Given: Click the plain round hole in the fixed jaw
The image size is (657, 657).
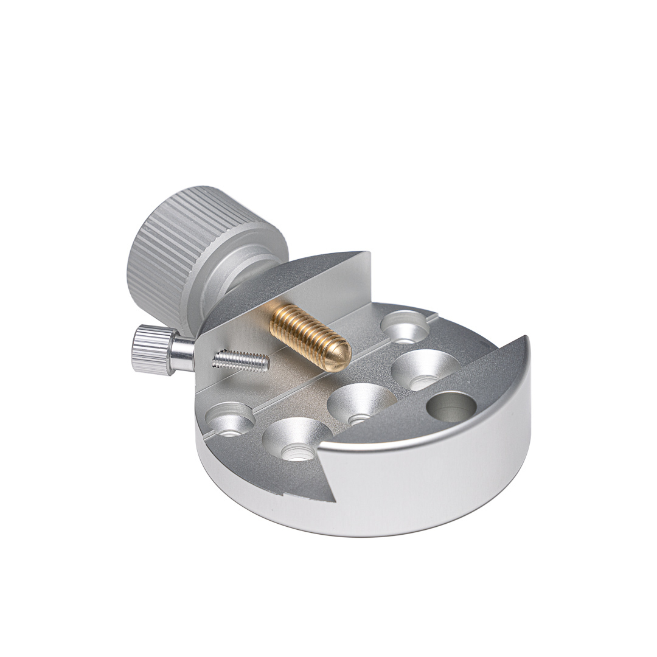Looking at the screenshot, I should tap(451, 406).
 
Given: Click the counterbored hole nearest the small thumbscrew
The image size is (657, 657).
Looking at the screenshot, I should tap(229, 418).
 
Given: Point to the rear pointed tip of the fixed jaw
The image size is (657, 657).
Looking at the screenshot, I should tap(524, 337).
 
